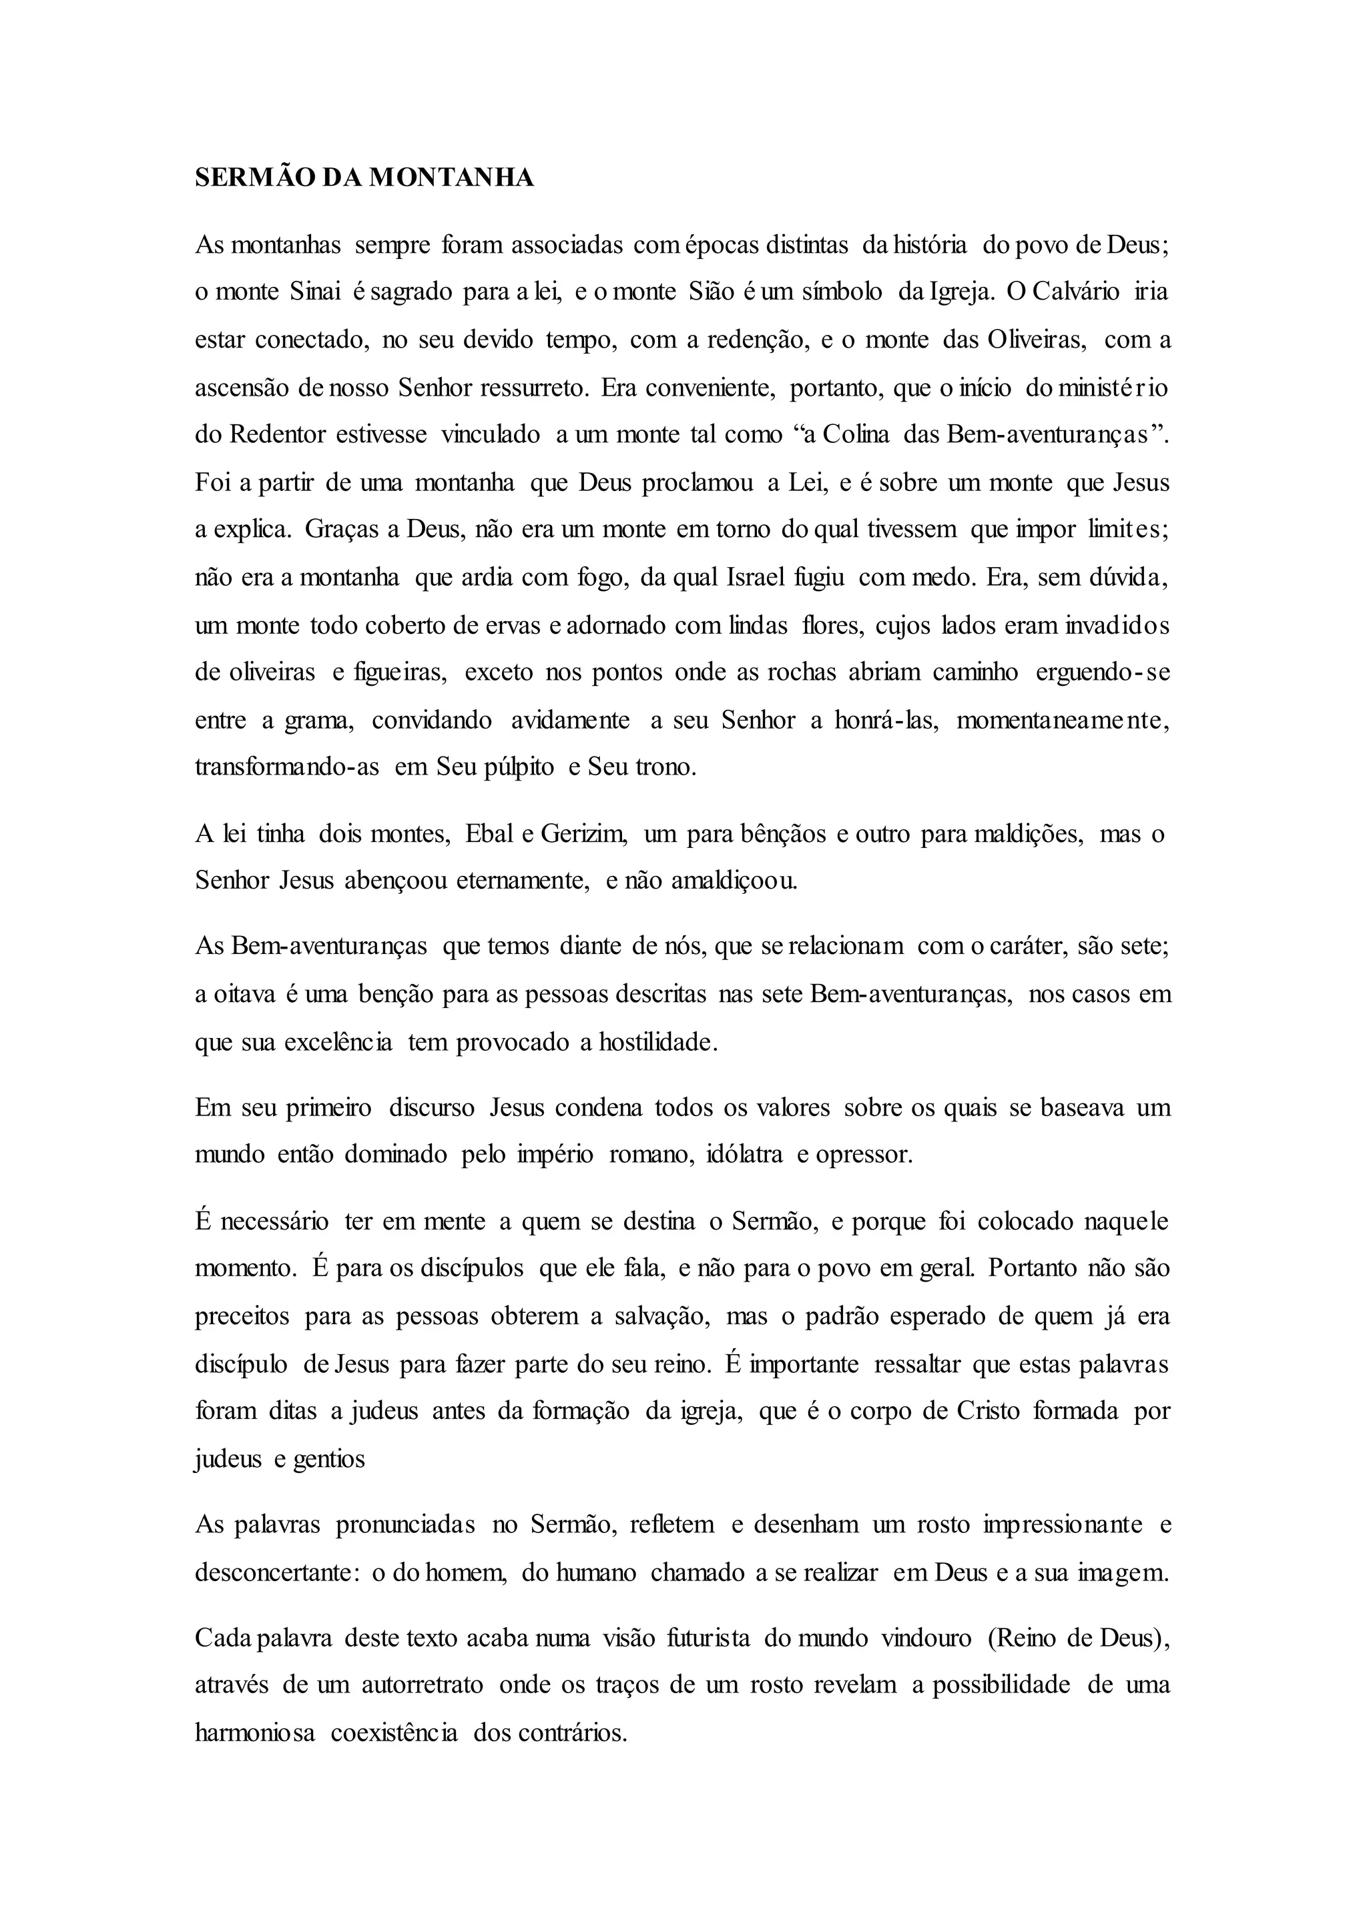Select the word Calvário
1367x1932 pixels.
coord(1076,292)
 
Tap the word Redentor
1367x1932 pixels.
coord(277,435)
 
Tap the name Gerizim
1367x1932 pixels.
coord(584,834)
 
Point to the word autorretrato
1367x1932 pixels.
coord(423,1685)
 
